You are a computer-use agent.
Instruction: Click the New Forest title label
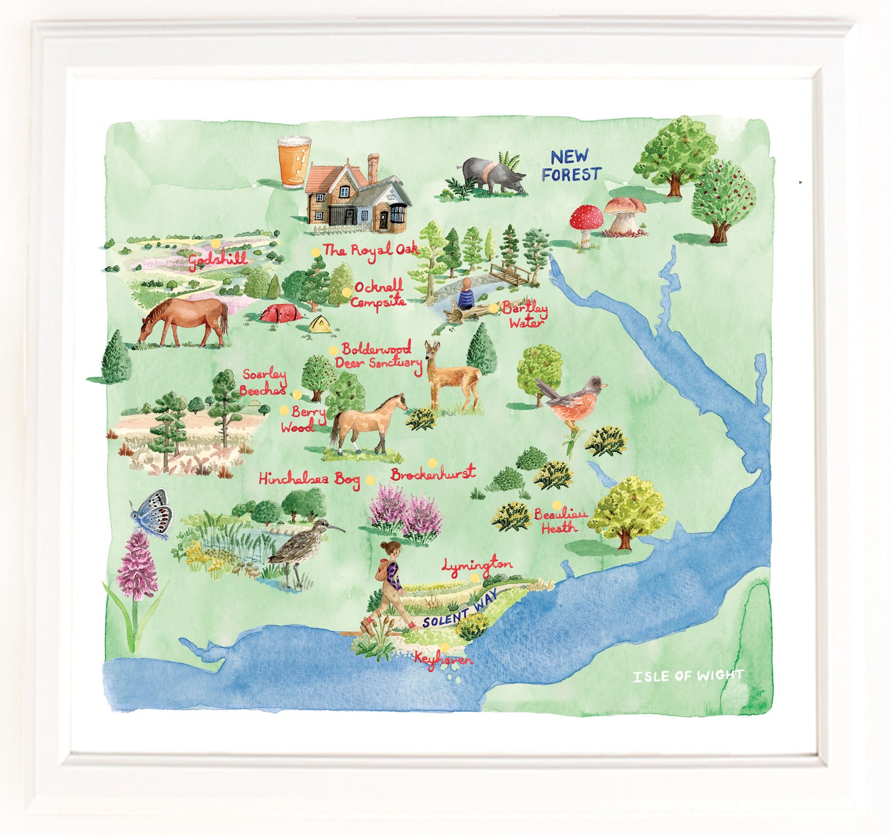point(571,166)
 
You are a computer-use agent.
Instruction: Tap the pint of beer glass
point(294,161)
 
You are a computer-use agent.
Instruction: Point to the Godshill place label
point(217,260)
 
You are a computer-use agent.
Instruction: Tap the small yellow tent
point(319,324)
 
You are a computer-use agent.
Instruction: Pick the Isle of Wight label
point(688,676)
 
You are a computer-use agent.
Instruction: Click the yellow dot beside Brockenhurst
point(433,463)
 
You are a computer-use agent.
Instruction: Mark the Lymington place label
point(477,566)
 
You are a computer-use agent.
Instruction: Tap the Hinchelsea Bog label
point(309,479)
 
